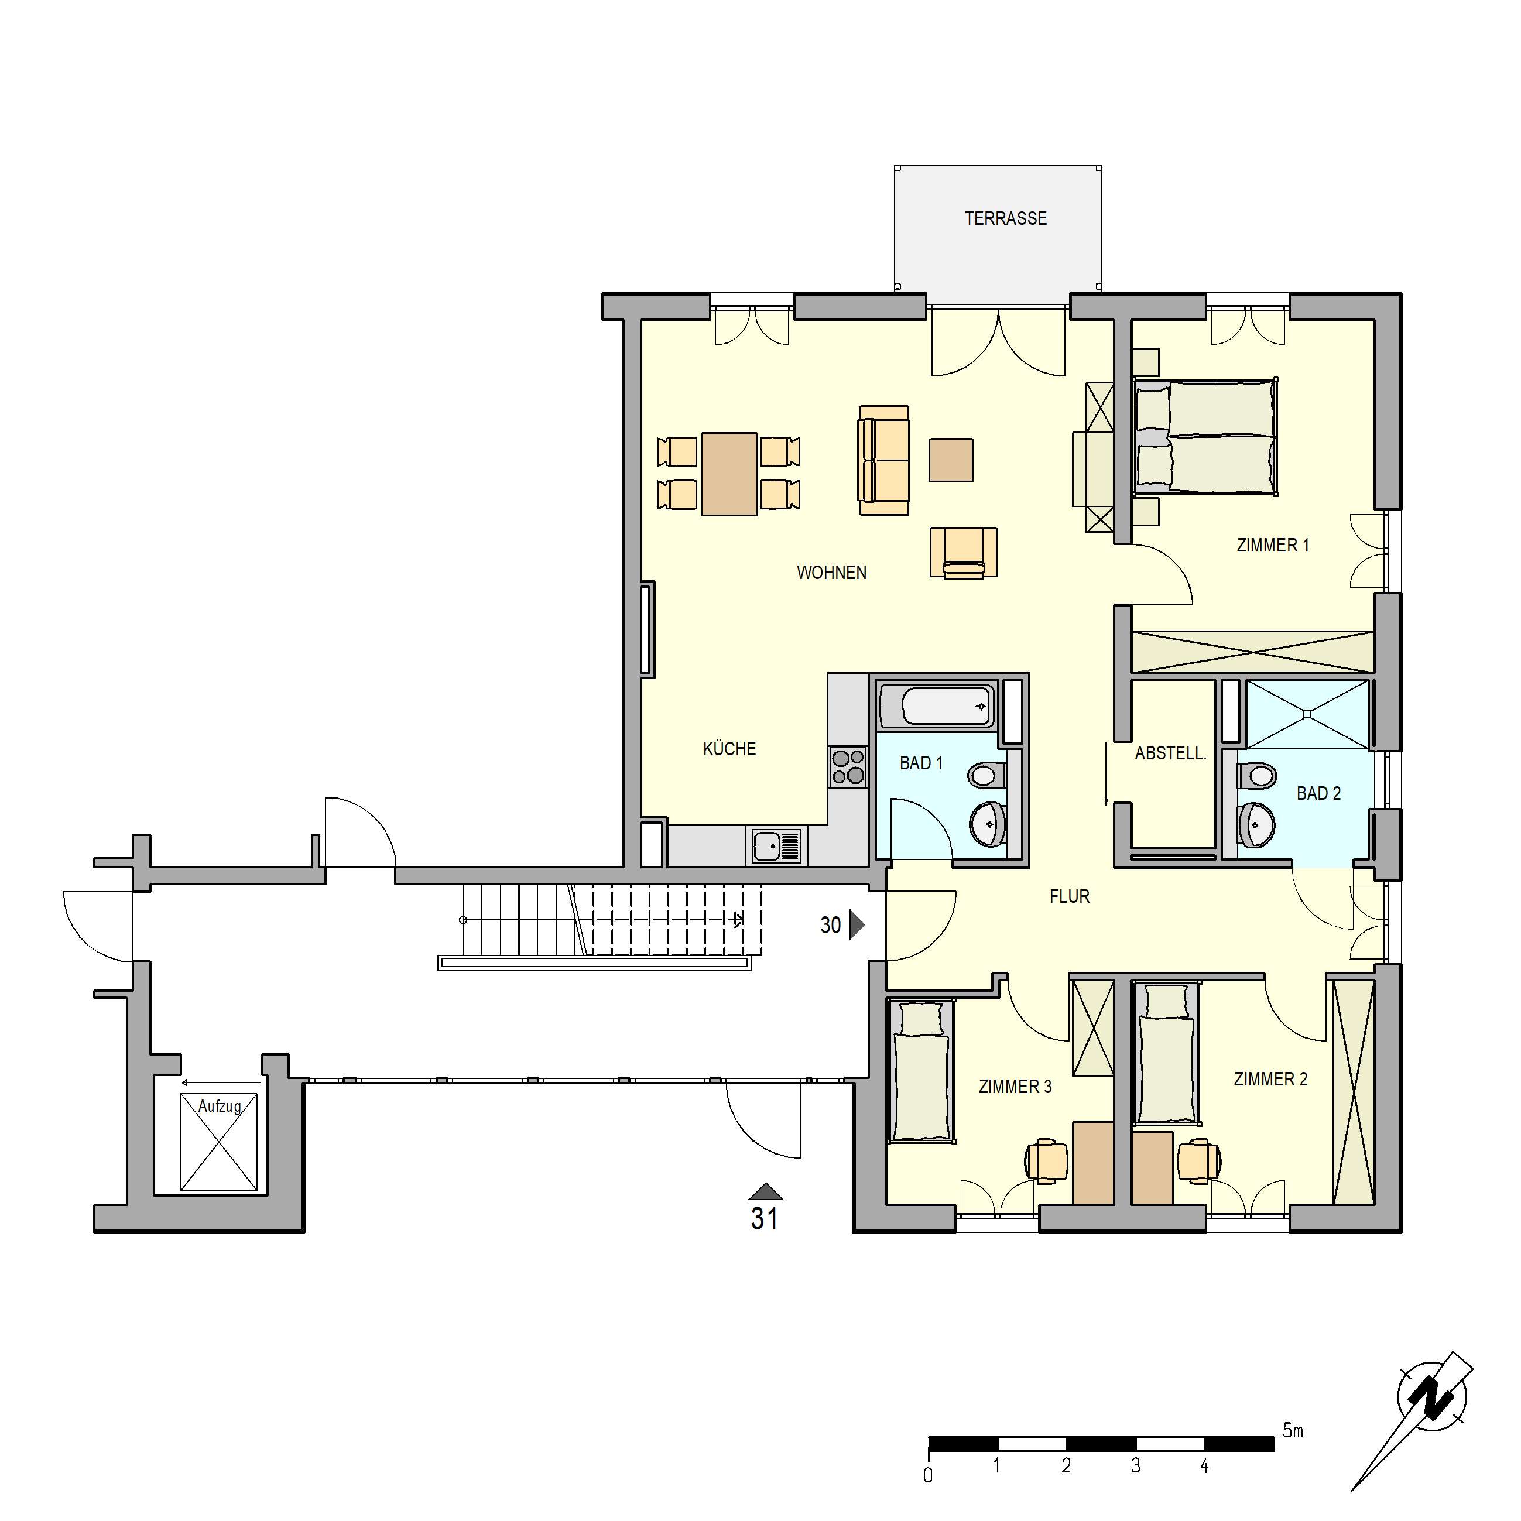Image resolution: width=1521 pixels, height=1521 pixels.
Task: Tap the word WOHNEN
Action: click(831, 573)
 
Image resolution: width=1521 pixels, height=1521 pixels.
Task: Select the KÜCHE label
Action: click(729, 749)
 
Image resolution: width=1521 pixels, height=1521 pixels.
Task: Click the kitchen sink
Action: click(776, 847)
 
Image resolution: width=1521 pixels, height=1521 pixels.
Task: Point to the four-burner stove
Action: click(848, 768)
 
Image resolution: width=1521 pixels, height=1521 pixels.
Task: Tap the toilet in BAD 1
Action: click(984, 776)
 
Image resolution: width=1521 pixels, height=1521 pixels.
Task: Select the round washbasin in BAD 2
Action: click(1258, 825)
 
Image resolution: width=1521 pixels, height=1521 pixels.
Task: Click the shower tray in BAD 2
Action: click(1307, 714)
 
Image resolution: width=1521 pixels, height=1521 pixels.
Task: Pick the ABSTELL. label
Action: click(1170, 753)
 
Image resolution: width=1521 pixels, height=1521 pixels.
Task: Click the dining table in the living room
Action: click(729, 474)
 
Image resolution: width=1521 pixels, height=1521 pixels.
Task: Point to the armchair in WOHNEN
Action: click(963, 553)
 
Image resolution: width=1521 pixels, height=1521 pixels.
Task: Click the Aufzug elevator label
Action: click(220, 1106)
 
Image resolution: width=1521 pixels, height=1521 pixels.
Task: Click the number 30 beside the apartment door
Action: click(831, 925)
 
